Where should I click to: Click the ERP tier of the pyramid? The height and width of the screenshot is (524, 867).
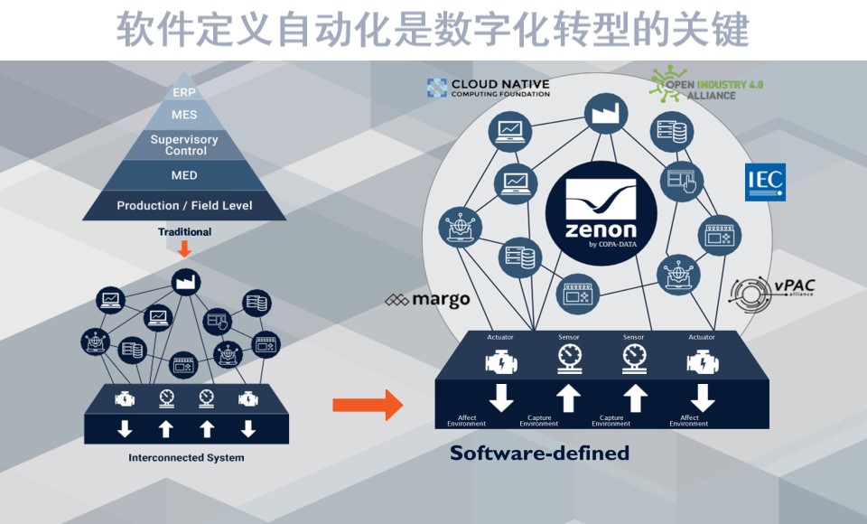(184, 92)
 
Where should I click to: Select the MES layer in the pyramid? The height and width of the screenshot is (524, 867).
(184, 115)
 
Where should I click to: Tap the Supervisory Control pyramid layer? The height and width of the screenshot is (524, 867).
(184, 145)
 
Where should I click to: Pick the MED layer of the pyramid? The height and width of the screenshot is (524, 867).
(184, 175)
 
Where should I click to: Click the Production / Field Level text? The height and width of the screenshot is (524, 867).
(184, 205)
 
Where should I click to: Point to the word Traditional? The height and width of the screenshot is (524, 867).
(184, 232)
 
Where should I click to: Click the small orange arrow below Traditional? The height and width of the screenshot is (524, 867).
(184, 249)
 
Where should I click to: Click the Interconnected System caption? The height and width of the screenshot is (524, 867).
(186, 457)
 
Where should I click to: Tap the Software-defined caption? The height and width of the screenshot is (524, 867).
(539, 454)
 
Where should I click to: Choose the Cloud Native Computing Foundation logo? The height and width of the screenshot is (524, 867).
(488, 88)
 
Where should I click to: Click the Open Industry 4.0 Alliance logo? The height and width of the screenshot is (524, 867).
(707, 87)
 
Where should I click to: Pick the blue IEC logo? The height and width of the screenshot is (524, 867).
(764, 182)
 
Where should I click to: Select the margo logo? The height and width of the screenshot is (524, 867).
(427, 300)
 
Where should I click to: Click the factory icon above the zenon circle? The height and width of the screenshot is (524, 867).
(600, 112)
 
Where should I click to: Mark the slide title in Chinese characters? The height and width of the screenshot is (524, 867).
(433, 30)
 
